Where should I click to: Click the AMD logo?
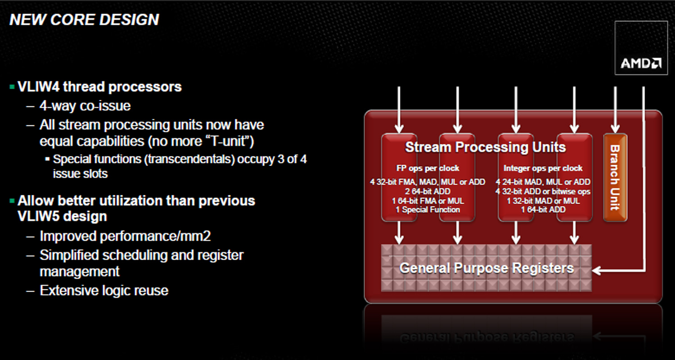click(641, 63)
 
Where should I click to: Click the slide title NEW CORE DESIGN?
click(84, 20)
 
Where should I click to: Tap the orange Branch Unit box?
click(615, 178)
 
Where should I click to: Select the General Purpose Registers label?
click(486, 268)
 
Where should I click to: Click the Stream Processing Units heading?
click(486, 147)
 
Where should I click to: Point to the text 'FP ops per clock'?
click(427, 168)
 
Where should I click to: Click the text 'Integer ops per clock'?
click(543, 168)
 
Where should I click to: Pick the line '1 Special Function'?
click(427, 210)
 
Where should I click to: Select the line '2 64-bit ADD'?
click(427, 191)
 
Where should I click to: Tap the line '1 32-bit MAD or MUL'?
click(543, 201)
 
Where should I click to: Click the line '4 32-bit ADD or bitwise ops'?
click(543, 191)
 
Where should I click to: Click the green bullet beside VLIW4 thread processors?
click(12, 87)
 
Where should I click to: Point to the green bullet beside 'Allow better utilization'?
click(12, 201)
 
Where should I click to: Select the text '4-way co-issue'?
click(85, 106)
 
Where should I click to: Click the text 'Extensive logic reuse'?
click(104, 291)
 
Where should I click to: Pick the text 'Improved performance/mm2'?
click(125, 236)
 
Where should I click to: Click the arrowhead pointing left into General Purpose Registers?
click(597, 270)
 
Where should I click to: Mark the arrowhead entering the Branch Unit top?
click(615, 129)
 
